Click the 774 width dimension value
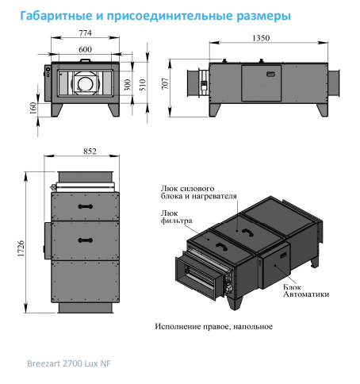point(85,33)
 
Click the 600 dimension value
point(85,49)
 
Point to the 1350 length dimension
point(261,38)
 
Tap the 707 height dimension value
point(165,83)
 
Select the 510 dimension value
point(143,85)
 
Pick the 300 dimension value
point(128,85)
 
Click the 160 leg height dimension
point(33,108)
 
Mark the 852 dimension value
point(90,152)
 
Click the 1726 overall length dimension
point(21,248)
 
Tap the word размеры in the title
point(263,16)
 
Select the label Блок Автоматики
point(306,290)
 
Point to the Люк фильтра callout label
point(176,217)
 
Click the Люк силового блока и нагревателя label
point(199,192)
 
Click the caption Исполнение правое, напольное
point(213,327)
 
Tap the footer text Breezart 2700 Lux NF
point(69,363)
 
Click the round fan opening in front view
point(85,84)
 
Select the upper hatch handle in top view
point(85,206)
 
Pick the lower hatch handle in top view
point(85,240)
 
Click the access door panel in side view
point(261,83)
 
